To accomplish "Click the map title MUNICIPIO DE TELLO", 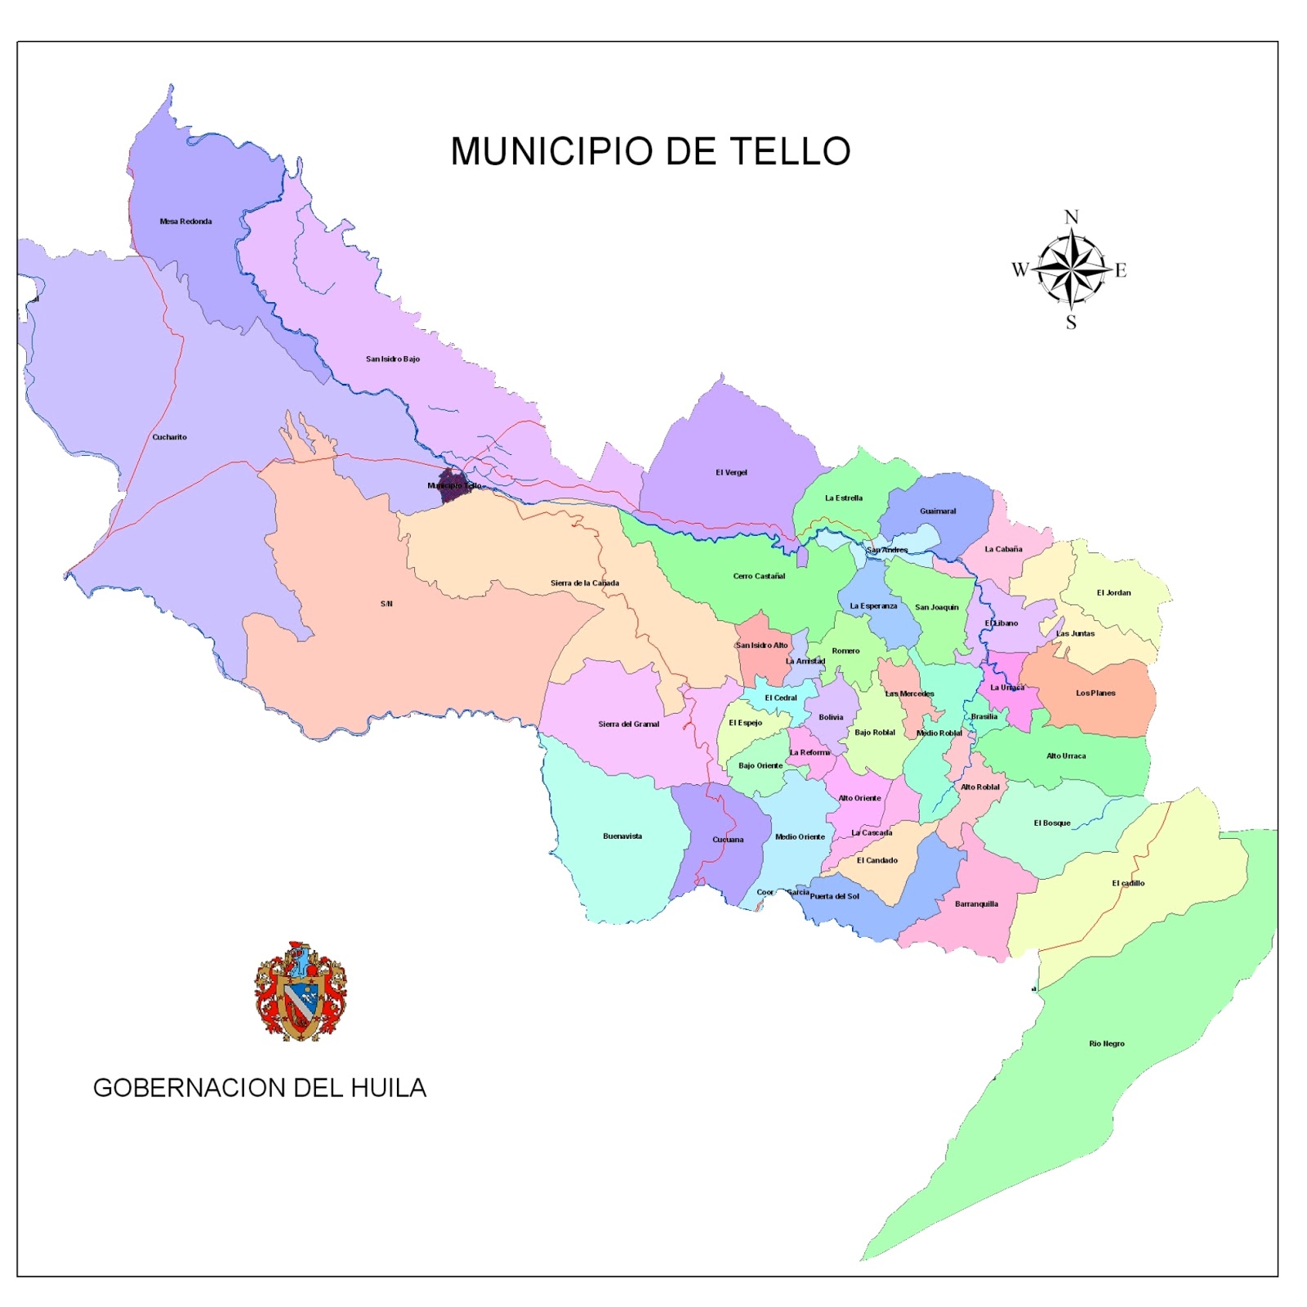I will point(650,152).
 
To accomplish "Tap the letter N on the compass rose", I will point(1071,217).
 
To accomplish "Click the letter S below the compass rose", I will point(1071,323).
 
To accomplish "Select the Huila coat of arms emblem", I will point(300,991).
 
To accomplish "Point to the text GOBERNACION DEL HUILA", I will point(260,1088).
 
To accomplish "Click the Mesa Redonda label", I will point(185,221).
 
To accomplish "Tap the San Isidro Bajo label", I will point(393,359).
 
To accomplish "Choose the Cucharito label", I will point(169,437).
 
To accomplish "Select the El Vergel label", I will point(731,472).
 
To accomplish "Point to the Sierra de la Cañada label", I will point(585,583).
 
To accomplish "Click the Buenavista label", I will point(622,836).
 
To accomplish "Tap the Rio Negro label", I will point(1107,1044).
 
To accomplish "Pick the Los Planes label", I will point(1095,693).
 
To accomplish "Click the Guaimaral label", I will point(938,511).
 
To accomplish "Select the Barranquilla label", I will point(976,904).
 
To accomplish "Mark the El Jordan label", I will point(1113,593).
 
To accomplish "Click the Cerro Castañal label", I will point(759,576).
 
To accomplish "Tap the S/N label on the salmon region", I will point(386,604).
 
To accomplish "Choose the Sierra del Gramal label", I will point(628,725).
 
